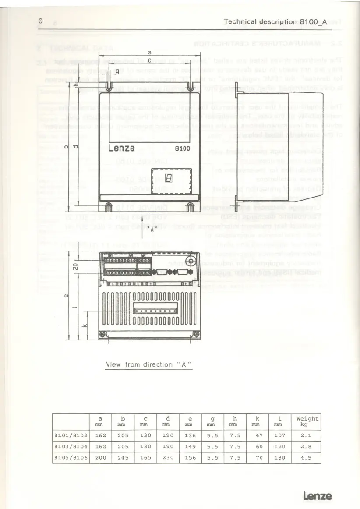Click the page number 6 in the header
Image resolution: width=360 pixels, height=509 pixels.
[x=40, y=21]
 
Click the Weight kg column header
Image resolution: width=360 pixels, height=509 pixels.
[x=307, y=421]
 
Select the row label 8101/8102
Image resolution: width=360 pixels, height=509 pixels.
[x=68, y=436]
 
